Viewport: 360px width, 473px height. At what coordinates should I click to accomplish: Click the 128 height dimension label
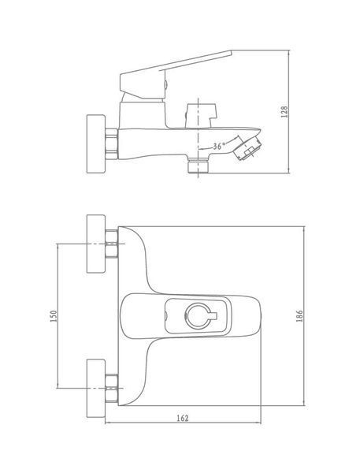[x=284, y=112]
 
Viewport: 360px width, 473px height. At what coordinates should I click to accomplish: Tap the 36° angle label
[x=218, y=147]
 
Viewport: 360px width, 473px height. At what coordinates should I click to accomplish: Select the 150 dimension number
[x=54, y=316]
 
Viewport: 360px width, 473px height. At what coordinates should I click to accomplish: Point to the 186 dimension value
[x=299, y=316]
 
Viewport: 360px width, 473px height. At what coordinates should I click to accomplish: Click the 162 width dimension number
[x=182, y=418]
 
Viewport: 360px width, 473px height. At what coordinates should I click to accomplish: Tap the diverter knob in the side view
[x=201, y=116]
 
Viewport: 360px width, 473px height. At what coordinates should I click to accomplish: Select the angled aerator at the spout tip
[x=247, y=148]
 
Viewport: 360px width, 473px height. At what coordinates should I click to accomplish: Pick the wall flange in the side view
[x=96, y=143]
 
